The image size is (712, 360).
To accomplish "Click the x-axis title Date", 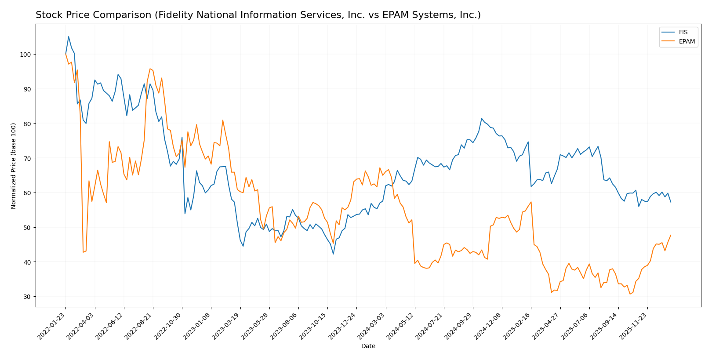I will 368,346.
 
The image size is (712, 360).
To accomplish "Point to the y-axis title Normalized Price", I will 14,166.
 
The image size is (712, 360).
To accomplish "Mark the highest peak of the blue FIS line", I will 69,36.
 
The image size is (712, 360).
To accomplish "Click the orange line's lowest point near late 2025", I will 630,294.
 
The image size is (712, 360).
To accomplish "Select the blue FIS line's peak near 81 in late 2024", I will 482,118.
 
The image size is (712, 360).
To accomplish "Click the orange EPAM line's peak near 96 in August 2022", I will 150,69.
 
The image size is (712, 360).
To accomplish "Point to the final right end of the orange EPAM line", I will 671,235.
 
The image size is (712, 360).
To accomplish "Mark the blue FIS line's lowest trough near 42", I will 333,254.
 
